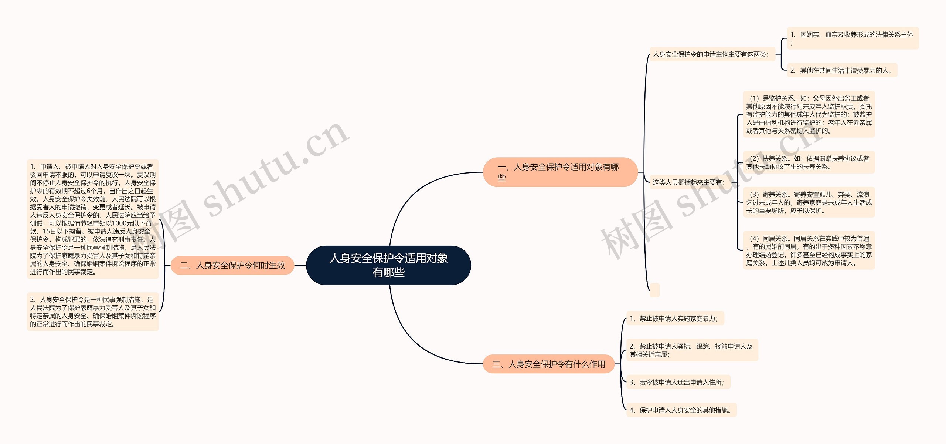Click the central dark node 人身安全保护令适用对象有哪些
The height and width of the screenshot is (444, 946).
coord(388,265)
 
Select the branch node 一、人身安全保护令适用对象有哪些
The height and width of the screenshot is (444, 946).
coord(560,172)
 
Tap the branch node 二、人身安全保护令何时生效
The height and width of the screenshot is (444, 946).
coord(232,265)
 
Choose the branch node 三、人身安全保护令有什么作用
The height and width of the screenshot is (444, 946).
coord(548,364)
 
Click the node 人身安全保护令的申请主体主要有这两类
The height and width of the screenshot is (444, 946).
coord(712,54)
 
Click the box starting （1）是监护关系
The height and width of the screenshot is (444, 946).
coord(809,114)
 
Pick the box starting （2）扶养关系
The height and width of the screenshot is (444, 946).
coord(809,162)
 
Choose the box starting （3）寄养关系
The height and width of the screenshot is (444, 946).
coord(809,202)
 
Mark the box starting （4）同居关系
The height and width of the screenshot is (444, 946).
coord(809,250)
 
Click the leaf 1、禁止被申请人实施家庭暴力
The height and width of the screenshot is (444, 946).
coord(675,318)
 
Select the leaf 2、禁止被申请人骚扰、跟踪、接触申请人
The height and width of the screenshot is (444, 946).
coord(692,350)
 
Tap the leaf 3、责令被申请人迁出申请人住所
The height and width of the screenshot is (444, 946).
coord(678,382)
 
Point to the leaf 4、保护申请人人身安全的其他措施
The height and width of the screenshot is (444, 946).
coord(681,410)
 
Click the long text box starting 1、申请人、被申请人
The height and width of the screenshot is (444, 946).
coord(93,219)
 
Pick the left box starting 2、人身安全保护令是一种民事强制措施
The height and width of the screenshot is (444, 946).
coord(93,312)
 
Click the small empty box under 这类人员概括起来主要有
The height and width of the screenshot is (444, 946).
coord(654,290)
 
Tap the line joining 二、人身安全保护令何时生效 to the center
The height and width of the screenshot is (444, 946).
coord(300,265)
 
